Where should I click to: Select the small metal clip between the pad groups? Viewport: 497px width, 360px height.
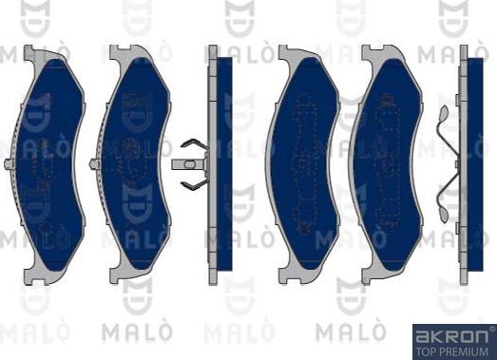(x=193, y=162)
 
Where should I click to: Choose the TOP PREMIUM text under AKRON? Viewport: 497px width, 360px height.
(x=452, y=351)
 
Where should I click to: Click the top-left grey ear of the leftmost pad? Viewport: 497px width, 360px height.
(x=31, y=54)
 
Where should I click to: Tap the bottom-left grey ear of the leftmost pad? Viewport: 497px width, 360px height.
(x=31, y=275)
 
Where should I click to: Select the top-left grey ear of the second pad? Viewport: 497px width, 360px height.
(x=116, y=54)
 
